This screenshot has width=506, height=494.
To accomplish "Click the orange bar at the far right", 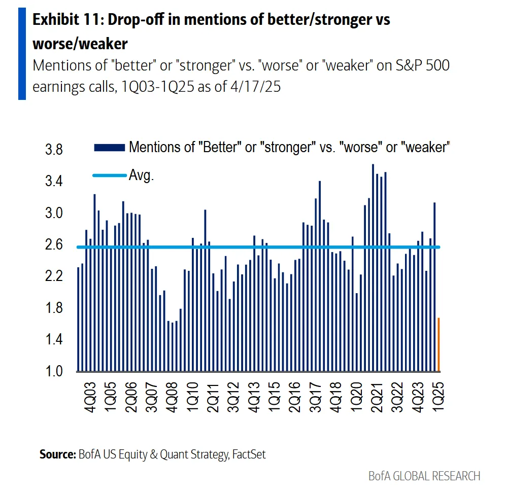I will [x=438, y=345].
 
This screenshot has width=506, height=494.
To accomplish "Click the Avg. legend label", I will [x=141, y=175].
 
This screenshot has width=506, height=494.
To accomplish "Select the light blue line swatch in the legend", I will [x=109, y=175].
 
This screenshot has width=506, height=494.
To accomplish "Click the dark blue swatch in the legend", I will [x=109, y=148].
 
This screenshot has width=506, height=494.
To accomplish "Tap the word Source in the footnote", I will [x=57, y=454].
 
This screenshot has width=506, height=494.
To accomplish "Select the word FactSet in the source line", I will [x=249, y=454].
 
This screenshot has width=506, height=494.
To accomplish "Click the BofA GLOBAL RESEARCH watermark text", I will [x=424, y=476].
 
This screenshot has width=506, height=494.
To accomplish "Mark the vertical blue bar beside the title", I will [x=22, y=53].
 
